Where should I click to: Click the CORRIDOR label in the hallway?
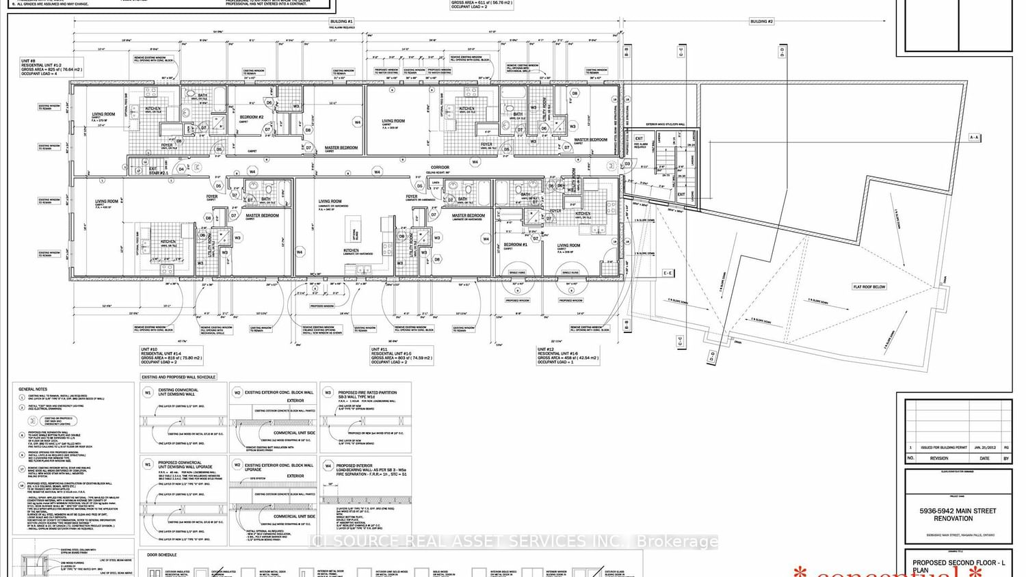pos(440,167)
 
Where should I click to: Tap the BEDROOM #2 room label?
pos(251,117)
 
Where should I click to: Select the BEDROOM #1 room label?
pos(515,244)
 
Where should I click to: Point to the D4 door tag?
pos(181,169)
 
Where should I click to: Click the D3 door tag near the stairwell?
pos(627,164)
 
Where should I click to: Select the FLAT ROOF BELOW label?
pos(869,287)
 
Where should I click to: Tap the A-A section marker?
pos(974,137)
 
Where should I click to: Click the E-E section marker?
pos(668,273)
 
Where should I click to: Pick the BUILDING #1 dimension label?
pos(342,22)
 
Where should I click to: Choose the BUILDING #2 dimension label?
pos(761,22)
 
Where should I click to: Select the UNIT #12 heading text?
pos(546,349)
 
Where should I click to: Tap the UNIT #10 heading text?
pos(149,349)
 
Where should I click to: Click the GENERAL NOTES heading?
pos(31,389)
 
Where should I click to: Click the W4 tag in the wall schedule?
pos(328,465)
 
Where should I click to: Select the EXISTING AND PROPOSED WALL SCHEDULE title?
pos(179,377)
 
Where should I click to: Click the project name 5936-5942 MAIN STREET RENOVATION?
pos(957,514)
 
